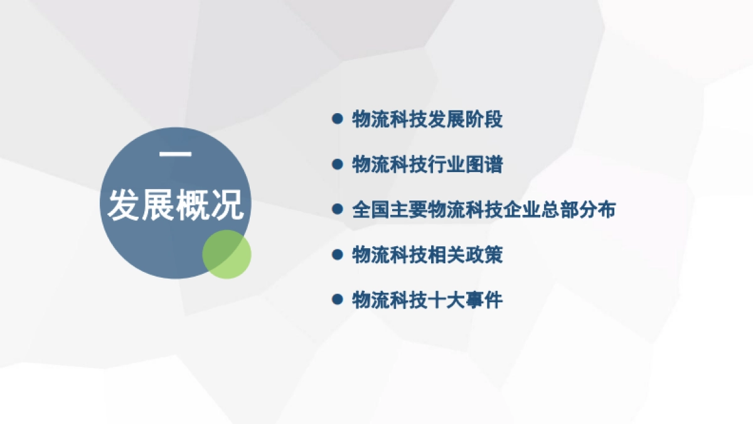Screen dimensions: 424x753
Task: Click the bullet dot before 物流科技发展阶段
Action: click(x=338, y=118)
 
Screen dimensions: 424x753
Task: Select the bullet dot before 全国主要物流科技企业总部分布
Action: click(x=338, y=209)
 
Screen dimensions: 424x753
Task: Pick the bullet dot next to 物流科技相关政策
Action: click(x=338, y=254)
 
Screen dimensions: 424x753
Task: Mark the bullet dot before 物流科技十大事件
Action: click(x=338, y=300)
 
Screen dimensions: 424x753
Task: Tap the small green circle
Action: click(x=227, y=254)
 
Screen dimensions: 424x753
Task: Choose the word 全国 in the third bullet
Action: click(x=371, y=210)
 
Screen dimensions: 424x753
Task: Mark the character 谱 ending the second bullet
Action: click(x=494, y=165)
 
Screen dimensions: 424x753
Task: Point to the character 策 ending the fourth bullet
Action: click(x=494, y=255)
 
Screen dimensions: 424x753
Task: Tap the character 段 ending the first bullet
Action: click(x=494, y=119)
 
